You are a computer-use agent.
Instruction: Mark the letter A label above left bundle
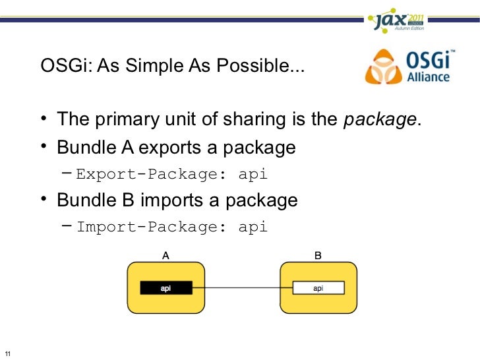pos(166,255)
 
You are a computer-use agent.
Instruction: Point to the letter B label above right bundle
pos(318,255)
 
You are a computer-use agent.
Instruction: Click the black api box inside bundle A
pos(165,288)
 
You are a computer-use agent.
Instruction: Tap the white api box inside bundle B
pos(318,288)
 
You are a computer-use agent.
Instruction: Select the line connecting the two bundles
pos(242,288)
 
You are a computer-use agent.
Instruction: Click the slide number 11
pos(7,351)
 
